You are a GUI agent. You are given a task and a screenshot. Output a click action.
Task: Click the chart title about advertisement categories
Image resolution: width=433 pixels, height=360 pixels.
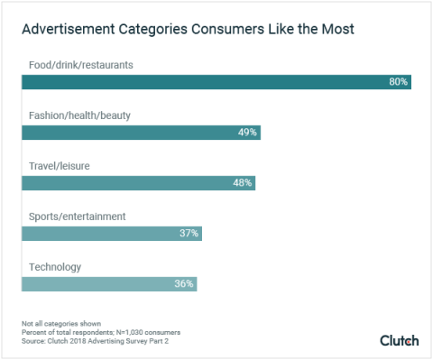click(188, 30)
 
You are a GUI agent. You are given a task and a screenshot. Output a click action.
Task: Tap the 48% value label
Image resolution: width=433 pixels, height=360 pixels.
click(243, 182)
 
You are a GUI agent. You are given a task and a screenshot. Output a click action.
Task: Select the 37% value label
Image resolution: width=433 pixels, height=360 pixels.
click(189, 233)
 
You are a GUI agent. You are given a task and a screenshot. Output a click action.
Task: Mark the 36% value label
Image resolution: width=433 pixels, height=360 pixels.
click(184, 283)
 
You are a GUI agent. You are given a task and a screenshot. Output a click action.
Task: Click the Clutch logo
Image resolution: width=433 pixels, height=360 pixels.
click(399, 340)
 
